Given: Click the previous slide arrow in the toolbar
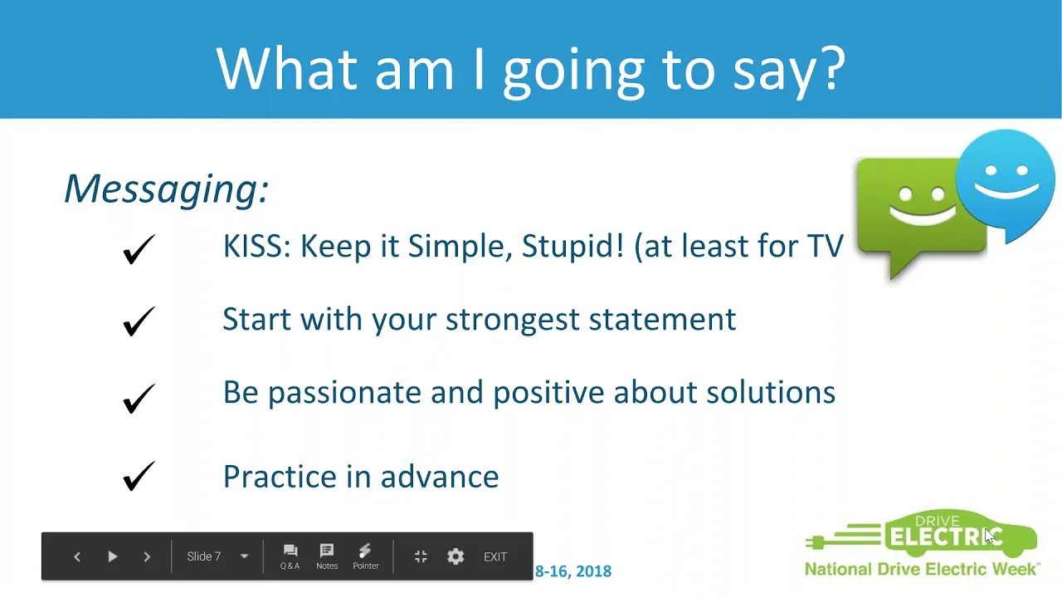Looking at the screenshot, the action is coord(77,556).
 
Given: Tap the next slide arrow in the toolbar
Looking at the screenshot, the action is coord(147,556).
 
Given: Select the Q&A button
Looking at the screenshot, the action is coord(290,556).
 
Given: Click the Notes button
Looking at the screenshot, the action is coord(327,556).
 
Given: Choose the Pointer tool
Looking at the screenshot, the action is coord(366,556).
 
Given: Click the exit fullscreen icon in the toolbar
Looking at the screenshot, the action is coord(421,556).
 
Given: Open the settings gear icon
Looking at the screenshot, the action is coord(455,556).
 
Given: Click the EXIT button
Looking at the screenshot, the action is coord(495,556).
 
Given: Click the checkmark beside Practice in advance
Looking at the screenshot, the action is coord(139,476).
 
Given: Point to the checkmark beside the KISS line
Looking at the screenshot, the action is coord(139,248).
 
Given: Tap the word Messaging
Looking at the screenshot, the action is coord(166,189).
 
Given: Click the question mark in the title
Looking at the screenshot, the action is coord(834,69).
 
